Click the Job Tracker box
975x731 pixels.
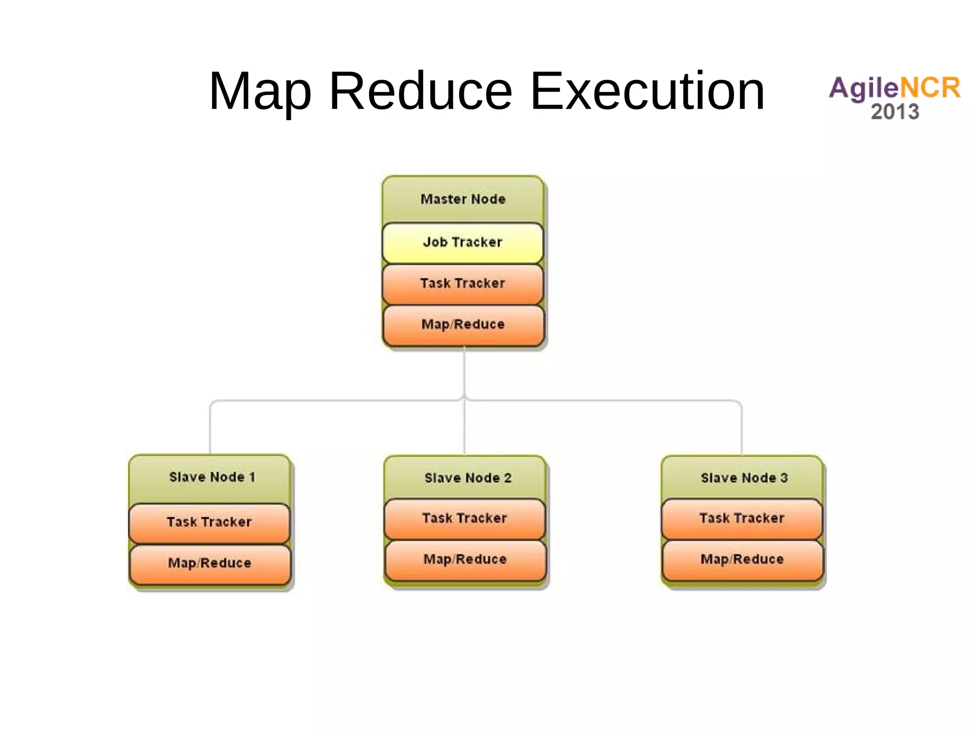(463, 242)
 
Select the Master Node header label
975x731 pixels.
(463, 199)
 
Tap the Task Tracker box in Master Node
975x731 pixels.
(463, 284)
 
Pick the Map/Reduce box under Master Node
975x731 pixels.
(463, 325)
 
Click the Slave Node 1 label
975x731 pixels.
(212, 477)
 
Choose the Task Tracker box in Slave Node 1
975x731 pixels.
(209, 522)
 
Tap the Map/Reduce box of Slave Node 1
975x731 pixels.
(209, 563)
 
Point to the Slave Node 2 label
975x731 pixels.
(468, 478)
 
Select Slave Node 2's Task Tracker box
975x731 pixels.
(465, 519)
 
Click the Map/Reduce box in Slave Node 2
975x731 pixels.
(465, 560)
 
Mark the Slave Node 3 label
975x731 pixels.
(744, 478)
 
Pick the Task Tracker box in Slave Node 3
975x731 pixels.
(742, 519)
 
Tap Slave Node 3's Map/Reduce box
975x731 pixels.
(742, 560)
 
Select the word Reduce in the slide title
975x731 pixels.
(421, 91)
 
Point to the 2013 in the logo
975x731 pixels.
(895, 112)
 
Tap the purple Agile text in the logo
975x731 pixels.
(863, 89)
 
